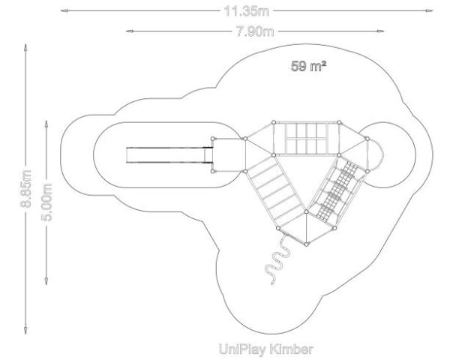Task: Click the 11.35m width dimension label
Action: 246,11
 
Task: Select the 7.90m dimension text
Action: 255,31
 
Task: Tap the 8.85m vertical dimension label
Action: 25,188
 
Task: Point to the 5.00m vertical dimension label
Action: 46,202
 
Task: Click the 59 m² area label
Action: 308,66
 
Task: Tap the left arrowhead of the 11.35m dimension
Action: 64,11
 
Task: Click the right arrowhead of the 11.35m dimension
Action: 429,11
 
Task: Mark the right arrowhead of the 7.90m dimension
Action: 380,31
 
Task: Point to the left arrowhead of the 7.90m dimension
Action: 130,31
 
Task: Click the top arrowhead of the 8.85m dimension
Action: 25,47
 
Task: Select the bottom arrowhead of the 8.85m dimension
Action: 25,330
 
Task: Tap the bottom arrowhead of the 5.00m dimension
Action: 46,281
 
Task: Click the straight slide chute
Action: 169,155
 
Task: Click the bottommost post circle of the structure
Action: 307,244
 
